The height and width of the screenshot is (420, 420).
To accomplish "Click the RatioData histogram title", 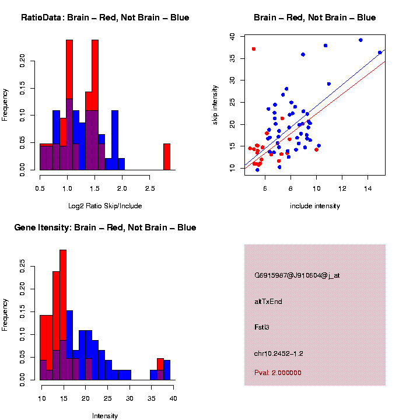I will pyautogui.click(x=105, y=17).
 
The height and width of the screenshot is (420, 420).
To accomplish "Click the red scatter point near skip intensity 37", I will pyautogui.click(x=254, y=49).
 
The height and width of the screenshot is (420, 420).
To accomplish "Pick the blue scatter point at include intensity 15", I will pyautogui.click(x=380, y=52).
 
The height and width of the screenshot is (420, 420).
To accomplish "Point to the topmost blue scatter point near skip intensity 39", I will pyautogui.click(x=360, y=40).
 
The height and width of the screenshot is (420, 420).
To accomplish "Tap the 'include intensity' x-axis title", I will pyautogui.click(x=315, y=205).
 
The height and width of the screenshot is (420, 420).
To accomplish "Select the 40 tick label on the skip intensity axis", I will pyautogui.click(x=232, y=36).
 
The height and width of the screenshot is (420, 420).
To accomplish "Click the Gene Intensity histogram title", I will pyautogui.click(x=105, y=228).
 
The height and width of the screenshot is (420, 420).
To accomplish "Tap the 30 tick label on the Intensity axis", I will pyautogui.click(x=129, y=398).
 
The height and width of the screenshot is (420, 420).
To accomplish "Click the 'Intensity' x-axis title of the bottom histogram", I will pyautogui.click(x=105, y=416).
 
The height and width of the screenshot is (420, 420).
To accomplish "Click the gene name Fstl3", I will pyautogui.click(x=262, y=327).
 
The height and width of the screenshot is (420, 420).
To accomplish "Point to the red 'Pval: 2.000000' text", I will pyautogui.click(x=278, y=373).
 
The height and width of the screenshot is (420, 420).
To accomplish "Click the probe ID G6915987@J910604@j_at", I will pyautogui.click(x=297, y=275).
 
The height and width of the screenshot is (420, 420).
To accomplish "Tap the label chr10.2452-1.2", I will pyautogui.click(x=279, y=353).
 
